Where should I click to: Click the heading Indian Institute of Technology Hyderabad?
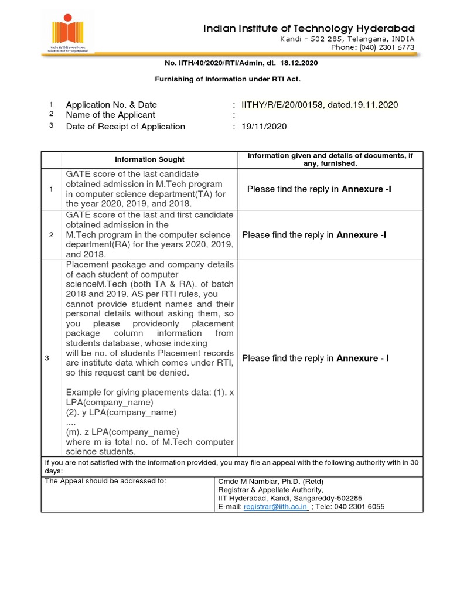309,28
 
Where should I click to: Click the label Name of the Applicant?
110,115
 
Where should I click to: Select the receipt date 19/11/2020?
264,127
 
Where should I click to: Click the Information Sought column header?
149,159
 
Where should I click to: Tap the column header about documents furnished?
330,159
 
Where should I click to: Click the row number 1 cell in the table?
51,189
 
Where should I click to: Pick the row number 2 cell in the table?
51,235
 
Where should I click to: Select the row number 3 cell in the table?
51,359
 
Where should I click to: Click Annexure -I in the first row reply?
367,189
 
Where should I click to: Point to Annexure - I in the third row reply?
362,359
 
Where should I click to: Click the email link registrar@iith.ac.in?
275,507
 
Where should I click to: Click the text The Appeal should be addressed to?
105,481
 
